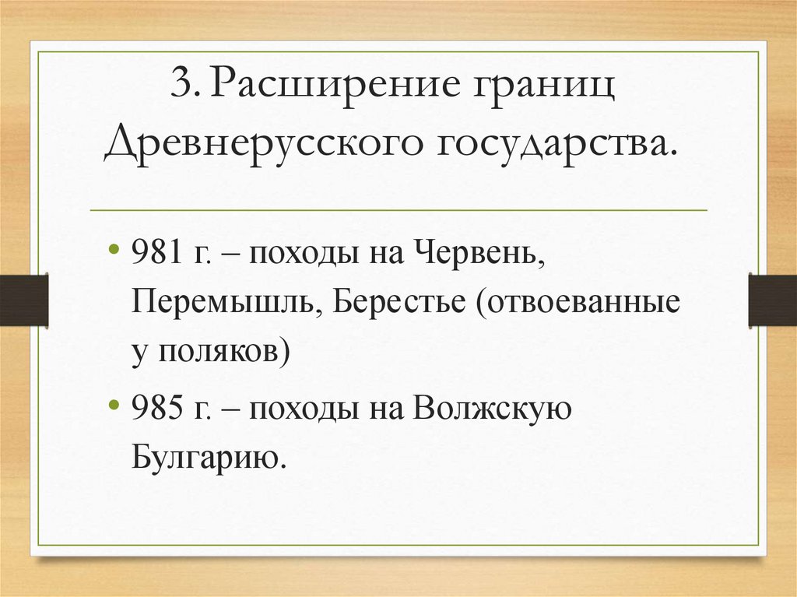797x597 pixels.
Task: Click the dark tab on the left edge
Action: pyautogui.click(x=23, y=300)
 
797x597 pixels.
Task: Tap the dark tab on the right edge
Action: pyautogui.click(x=772, y=300)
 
